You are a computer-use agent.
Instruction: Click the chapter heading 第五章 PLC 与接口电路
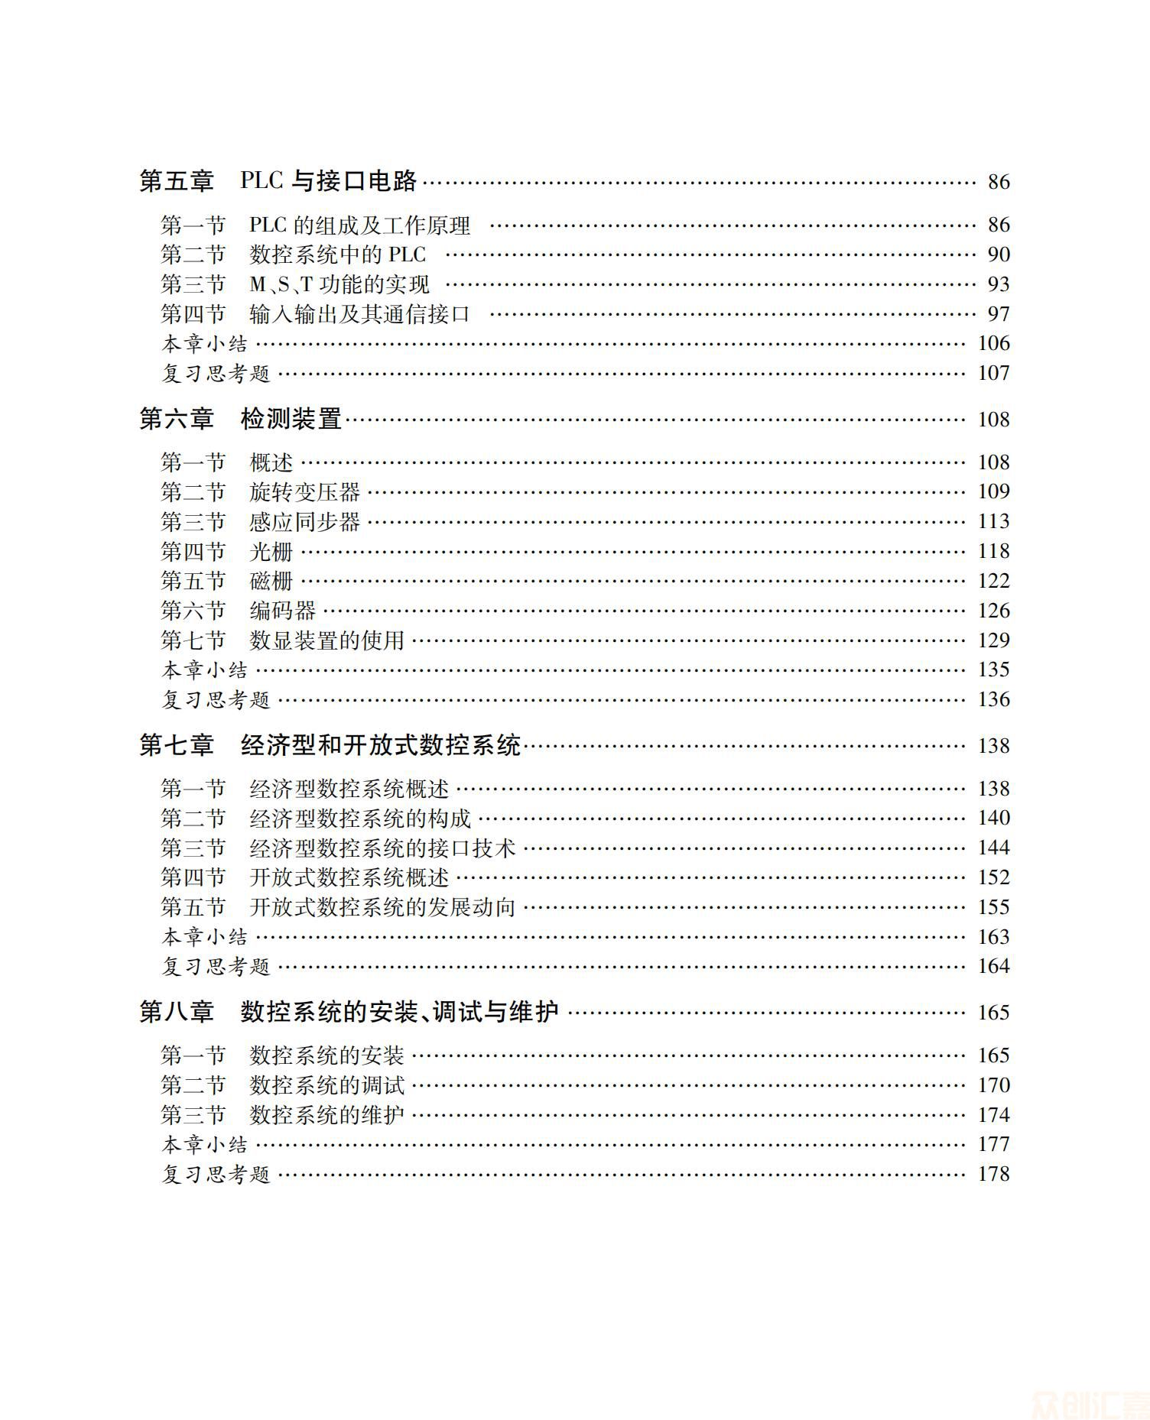(278, 181)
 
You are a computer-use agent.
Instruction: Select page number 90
(999, 254)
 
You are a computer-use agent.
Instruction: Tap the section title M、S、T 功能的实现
(339, 284)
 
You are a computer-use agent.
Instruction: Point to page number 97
(999, 314)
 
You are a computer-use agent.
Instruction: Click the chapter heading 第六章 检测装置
(240, 419)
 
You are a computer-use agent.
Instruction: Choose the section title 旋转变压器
(304, 491)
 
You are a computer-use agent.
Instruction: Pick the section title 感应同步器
(304, 521)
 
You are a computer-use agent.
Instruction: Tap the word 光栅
(271, 551)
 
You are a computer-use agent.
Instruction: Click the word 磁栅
(271, 581)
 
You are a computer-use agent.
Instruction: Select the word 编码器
(282, 611)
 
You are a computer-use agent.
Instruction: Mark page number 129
(993, 640)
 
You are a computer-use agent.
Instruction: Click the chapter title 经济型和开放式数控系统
(380, 745)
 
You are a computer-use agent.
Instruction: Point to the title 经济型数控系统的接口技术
(382, 848)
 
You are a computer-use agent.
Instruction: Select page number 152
(993, 877)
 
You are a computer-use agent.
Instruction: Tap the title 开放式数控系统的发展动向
(382, 907)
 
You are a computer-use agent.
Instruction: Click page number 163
(993, 937)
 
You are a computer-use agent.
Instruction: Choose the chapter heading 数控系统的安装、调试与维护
(399, 1012)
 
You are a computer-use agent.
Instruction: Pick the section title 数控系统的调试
(326, 1085)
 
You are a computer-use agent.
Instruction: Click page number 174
(993, 1115)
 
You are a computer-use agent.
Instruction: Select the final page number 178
(993, 1174)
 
